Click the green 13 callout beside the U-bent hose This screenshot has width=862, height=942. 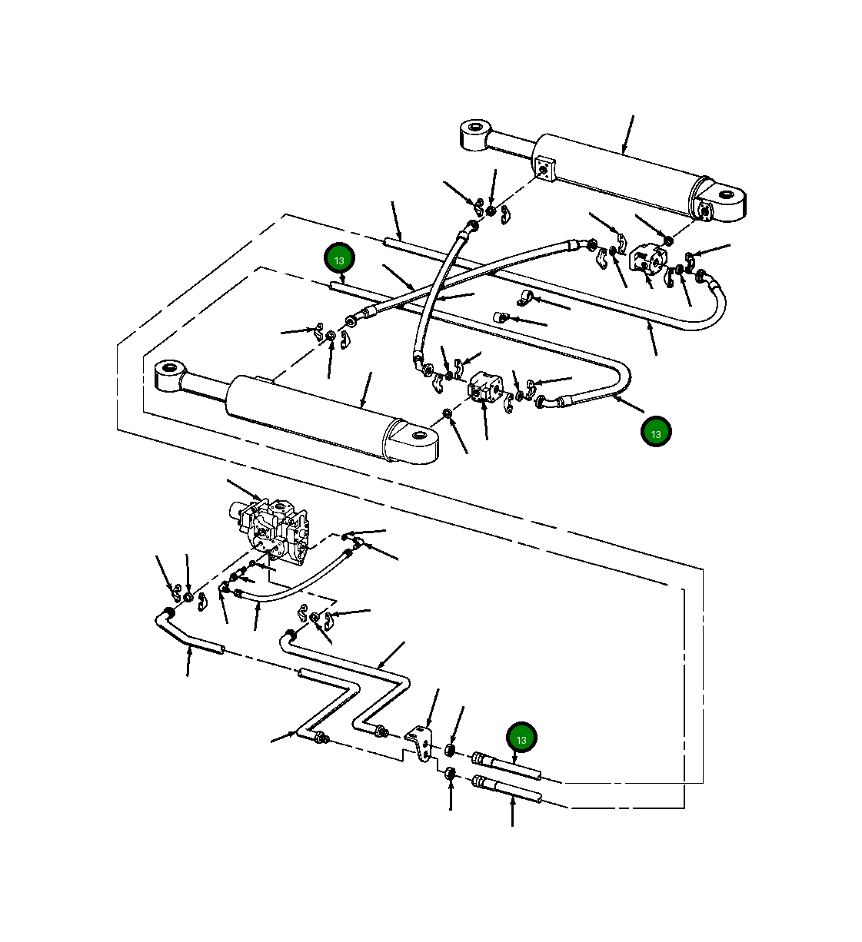656,432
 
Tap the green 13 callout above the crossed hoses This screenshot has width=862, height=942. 339,258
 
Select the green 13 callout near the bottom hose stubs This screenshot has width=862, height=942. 521,738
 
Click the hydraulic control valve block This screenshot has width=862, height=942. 269,531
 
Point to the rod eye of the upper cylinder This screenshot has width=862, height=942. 476,134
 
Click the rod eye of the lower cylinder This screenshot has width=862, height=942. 170,376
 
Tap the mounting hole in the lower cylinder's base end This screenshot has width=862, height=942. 418,435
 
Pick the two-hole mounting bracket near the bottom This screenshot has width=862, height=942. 421,745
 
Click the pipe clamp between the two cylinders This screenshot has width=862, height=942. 524,298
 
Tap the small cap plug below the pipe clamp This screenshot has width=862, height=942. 500,318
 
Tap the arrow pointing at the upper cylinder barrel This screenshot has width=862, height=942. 628,134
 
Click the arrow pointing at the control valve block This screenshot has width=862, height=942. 245,489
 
